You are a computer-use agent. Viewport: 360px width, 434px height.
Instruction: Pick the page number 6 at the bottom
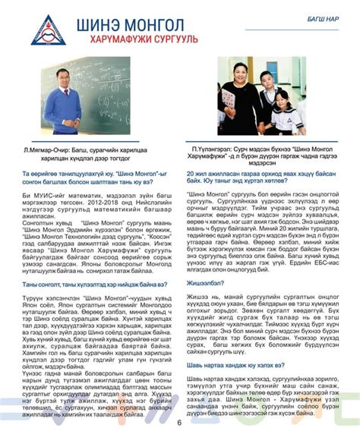(x=179, y=423)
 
